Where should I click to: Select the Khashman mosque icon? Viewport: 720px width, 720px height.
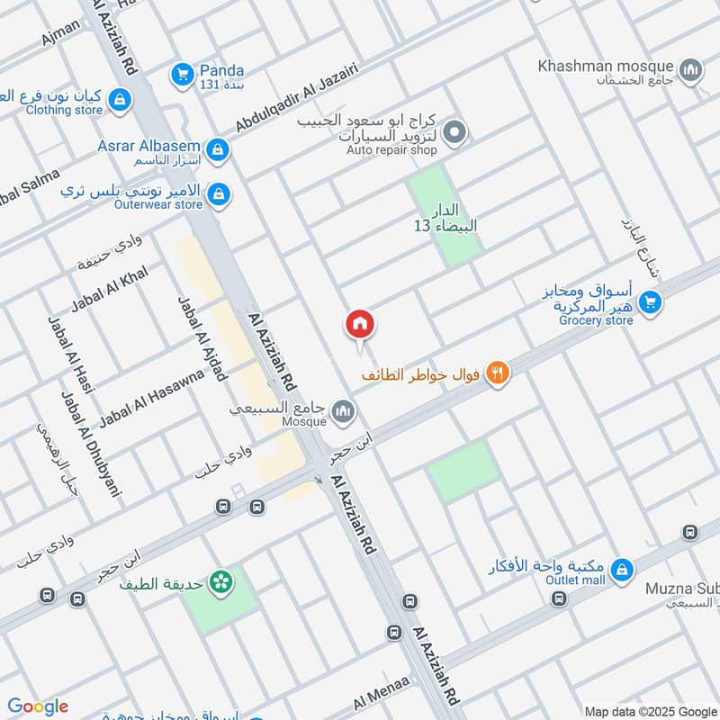(x=691, y=68)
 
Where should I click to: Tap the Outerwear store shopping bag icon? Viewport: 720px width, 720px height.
(x=217, y=193)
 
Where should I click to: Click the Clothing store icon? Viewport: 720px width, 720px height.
(x=120, y=102)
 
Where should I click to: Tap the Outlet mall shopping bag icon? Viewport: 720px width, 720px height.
(x=621, y=570)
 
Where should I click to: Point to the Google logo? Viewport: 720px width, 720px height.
(x=38, y=706)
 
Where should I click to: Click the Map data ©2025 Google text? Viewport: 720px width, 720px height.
(x=649, y=710)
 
